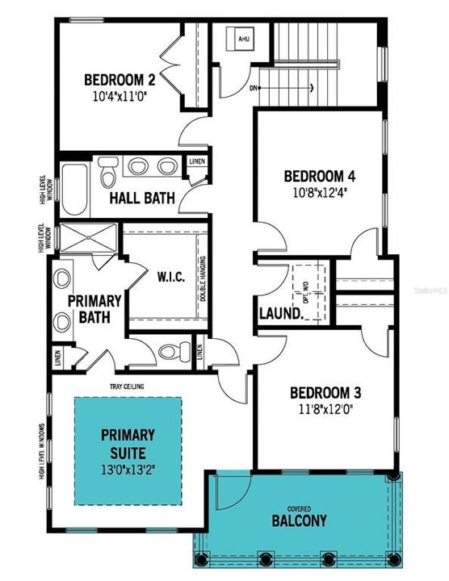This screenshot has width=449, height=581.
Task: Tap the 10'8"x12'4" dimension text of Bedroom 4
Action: coord(319,193)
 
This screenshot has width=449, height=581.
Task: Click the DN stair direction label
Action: coord(254,88)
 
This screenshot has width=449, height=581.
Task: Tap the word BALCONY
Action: coord(300,520)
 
